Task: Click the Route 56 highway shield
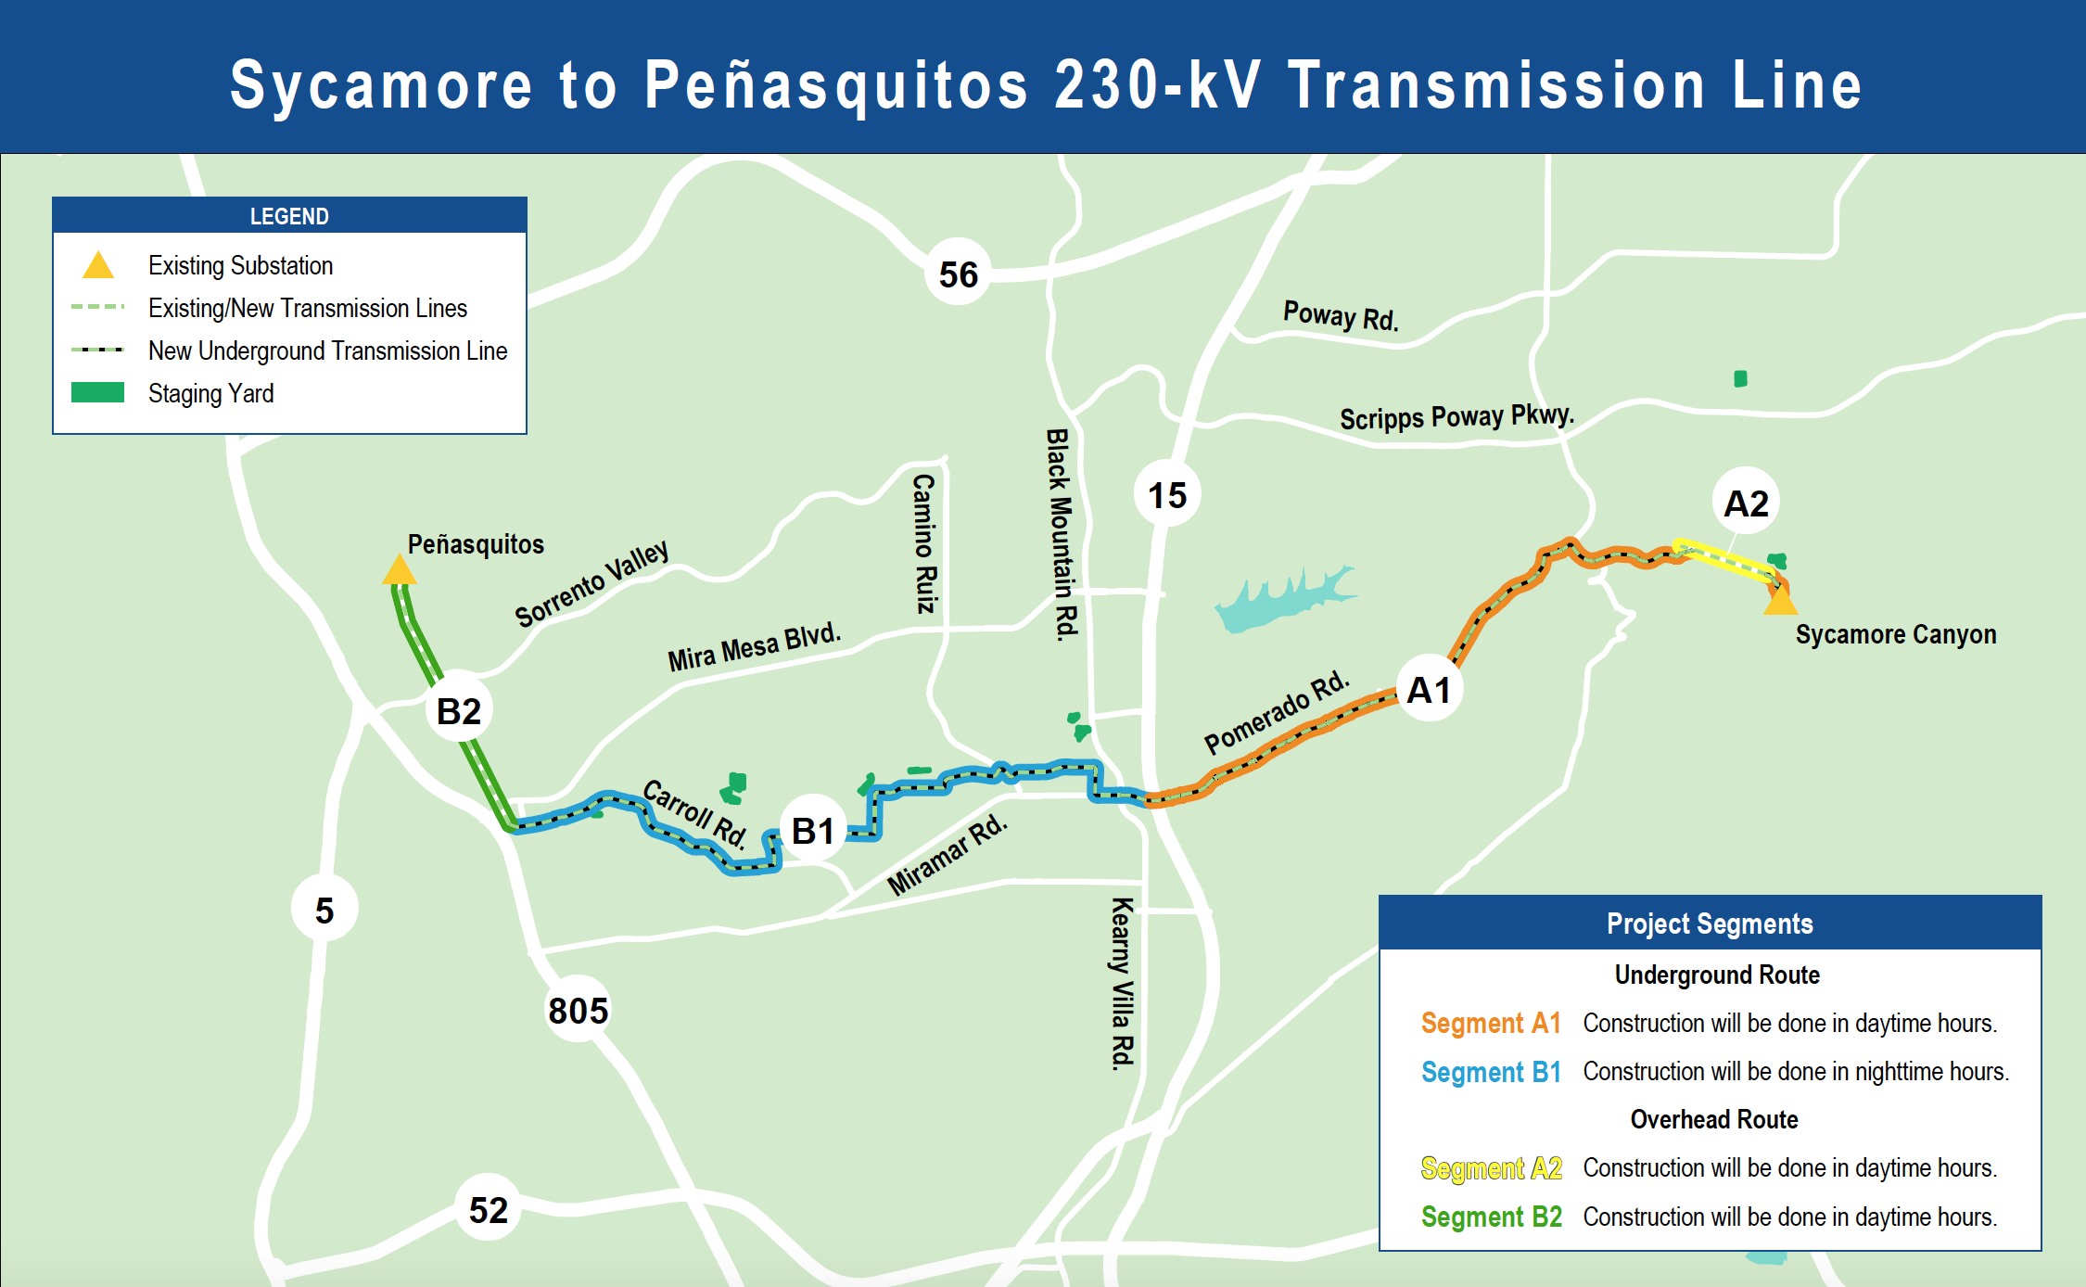pos(958,274)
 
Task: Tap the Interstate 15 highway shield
pos(1167,494)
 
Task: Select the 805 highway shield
pos(579,1009)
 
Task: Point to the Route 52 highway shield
pos(489,1209)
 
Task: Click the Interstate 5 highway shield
pos(324,910)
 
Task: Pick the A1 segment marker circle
pos(1429,690)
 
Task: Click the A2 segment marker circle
pos(1746,503)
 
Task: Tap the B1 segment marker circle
pos(813,831)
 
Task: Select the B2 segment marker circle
pos(459,710)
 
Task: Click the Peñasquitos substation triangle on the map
pos(400,570)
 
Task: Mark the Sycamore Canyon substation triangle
pos(1780,602)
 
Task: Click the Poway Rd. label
pos(1341,315)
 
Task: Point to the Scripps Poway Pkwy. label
pos(1456,416)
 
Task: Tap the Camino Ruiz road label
pos(924,543)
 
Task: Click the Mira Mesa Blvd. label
pos(754,646)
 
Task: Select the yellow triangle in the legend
pos(98,266)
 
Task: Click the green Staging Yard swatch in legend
pos(97,392)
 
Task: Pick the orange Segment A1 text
pos(1491,1023)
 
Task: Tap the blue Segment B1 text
pos(1491,1072)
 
